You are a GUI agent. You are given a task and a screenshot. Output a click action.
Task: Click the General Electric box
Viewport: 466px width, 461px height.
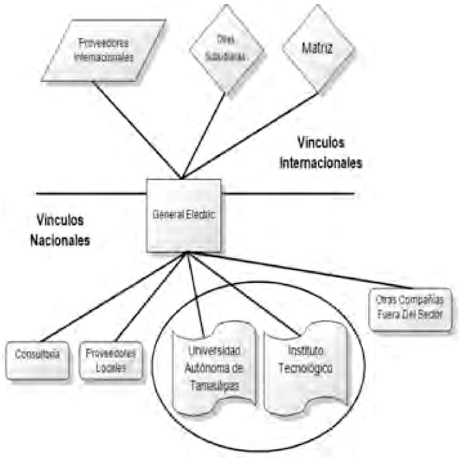184,216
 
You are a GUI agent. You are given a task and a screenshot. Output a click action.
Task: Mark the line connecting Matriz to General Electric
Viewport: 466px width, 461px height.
252,135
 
